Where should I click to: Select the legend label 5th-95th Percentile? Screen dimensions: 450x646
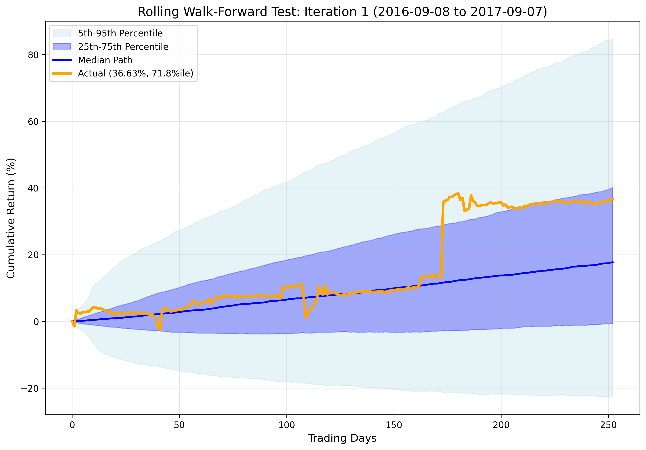point(120,33)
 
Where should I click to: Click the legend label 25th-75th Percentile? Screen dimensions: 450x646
point(123,47)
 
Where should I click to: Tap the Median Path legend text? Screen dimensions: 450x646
point(105,60)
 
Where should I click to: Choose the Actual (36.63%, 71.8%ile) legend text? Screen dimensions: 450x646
point(136,73)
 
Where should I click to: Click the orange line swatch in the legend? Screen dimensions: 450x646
point(62,73)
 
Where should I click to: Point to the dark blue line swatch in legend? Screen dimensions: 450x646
point(62,60)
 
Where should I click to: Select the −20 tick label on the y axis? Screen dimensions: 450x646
point(30,388)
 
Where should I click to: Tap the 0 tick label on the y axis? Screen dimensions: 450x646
point(36,322)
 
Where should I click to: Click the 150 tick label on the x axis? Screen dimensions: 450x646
point(394,425)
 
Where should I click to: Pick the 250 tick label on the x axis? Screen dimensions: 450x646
point(608,425)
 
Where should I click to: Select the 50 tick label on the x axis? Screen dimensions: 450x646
point(179,425)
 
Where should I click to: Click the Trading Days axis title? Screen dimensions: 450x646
point(342,438)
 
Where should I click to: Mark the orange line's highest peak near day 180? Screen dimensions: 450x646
point(458,193)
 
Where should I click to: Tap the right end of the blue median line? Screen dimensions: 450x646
point(613,262)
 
